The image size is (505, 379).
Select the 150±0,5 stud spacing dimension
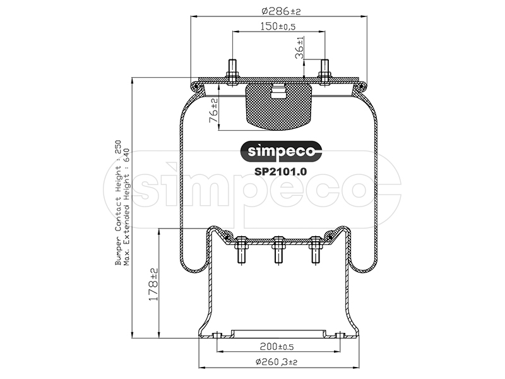(278, 26)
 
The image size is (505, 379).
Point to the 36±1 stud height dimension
(299, 48)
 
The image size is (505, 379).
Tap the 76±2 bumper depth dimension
(213, 111)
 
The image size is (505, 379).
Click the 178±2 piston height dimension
(153, 284)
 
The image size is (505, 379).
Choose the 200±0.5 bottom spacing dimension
(276, 347)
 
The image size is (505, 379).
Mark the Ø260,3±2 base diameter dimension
(276, 362)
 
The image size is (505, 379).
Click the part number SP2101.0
(280, 171)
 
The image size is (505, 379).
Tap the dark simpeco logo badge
(282, 151)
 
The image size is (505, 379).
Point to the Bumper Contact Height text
(118, 202)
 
